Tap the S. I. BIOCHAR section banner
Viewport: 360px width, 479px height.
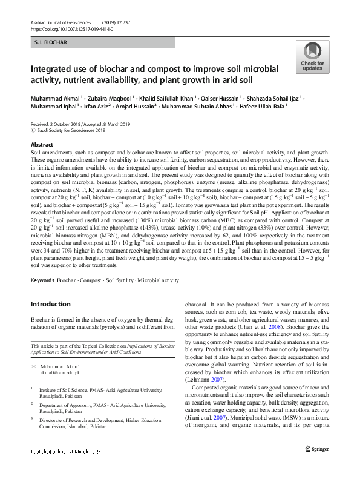pos(103,43)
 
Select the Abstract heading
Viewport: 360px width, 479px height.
pos(42,145)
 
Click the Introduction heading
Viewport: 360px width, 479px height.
pos(50,304)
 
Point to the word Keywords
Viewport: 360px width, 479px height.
pos(42,281)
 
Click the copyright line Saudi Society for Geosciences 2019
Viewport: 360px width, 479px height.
pos(71,130)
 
